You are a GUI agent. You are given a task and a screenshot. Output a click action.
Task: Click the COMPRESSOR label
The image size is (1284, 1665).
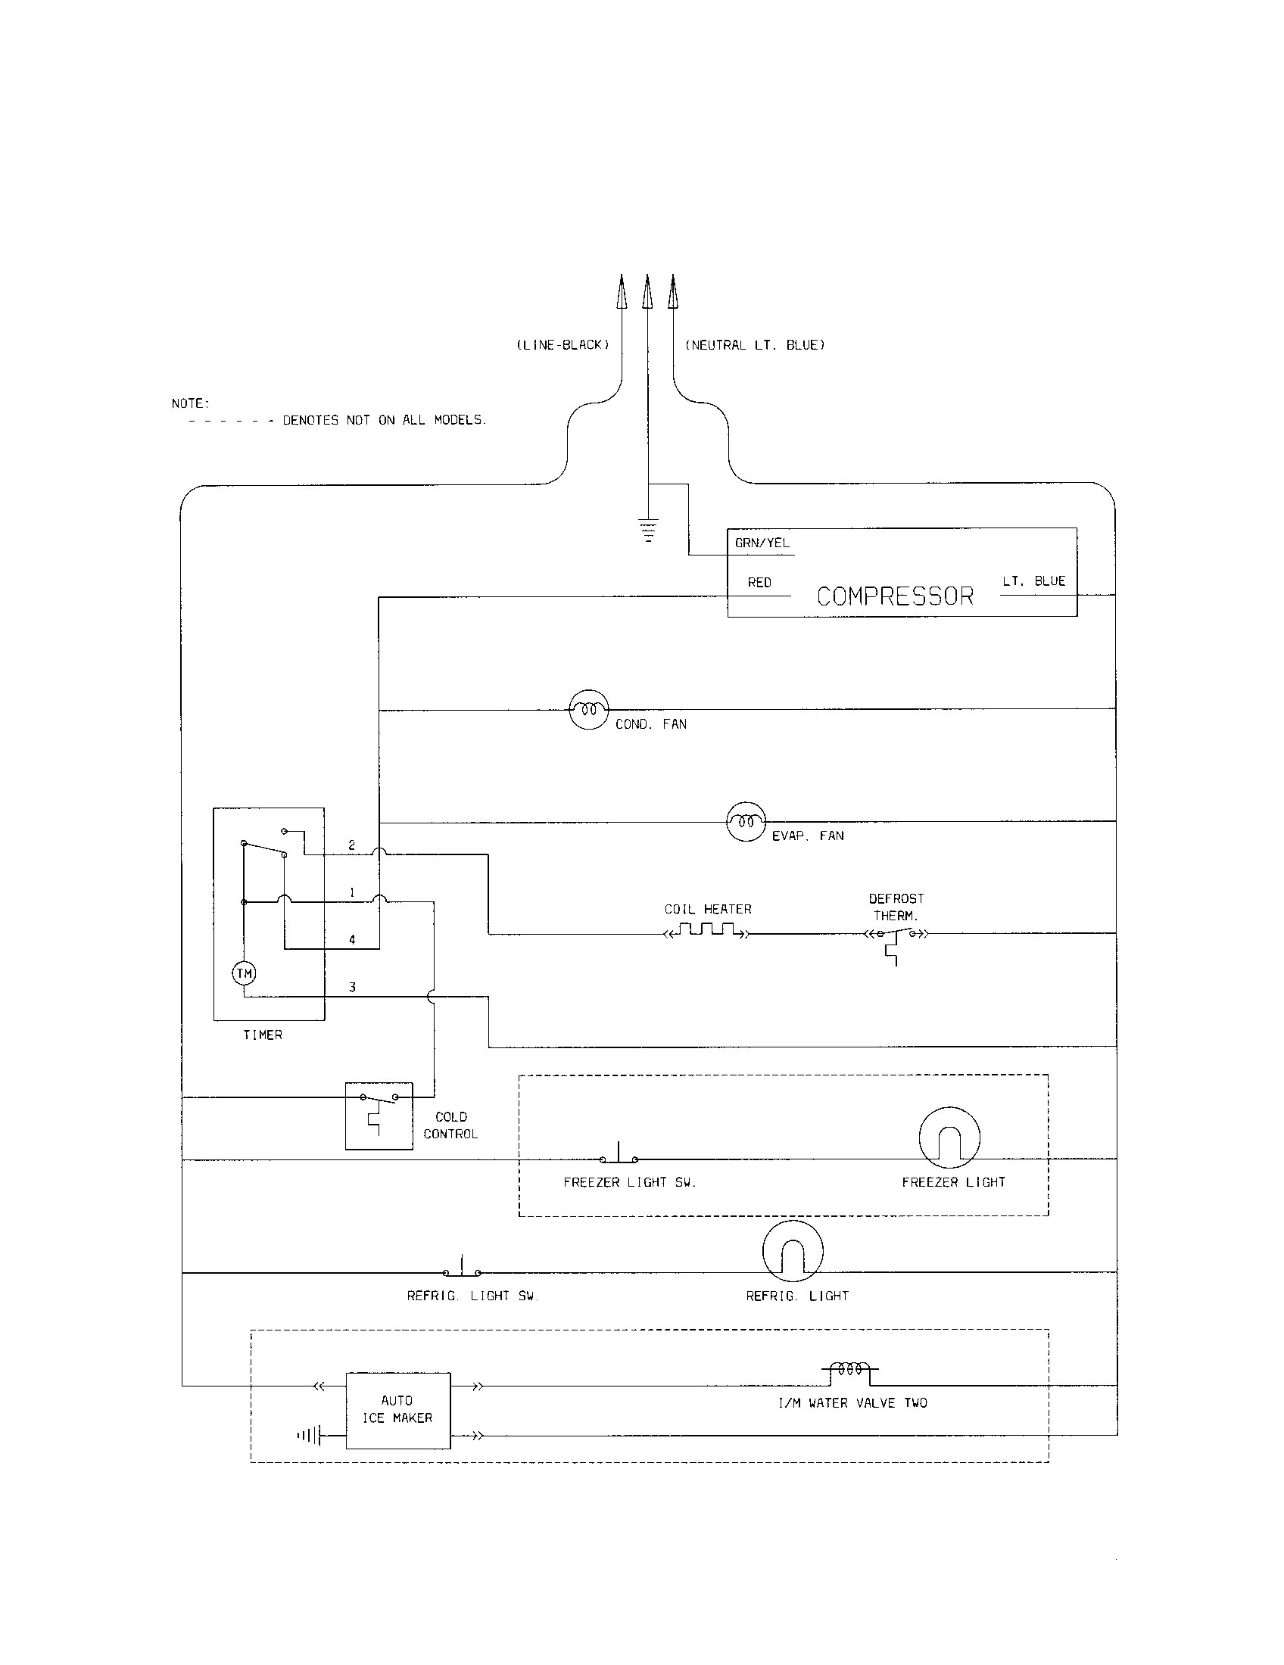point(895,596)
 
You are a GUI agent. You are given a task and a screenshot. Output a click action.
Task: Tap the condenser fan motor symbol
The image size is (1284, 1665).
point(589,710)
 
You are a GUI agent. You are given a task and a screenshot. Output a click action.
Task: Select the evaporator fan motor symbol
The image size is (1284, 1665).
point(746,821)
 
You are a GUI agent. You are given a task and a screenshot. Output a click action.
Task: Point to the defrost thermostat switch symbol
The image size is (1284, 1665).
point(896,936)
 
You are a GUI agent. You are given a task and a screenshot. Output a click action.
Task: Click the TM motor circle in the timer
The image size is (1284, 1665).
point(244,973)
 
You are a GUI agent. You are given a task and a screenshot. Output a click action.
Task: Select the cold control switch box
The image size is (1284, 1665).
point(379,1116)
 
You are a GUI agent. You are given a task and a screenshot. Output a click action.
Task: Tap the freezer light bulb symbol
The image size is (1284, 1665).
point(949,1137)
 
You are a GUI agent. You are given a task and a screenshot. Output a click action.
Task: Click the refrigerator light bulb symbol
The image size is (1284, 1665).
point(793,1251)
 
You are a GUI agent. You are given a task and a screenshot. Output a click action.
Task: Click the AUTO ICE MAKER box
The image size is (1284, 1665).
point(398,1411)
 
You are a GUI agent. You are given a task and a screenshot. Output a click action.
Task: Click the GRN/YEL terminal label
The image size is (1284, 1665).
point(762,543)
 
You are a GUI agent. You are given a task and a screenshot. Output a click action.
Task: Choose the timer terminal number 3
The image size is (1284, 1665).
point(352,987)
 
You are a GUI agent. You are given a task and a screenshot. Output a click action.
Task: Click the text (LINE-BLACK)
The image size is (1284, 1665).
point(563,345)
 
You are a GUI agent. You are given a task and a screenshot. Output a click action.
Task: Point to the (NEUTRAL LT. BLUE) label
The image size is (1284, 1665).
point(755,345)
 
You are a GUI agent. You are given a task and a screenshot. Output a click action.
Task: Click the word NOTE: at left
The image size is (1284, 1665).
point(190,403)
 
